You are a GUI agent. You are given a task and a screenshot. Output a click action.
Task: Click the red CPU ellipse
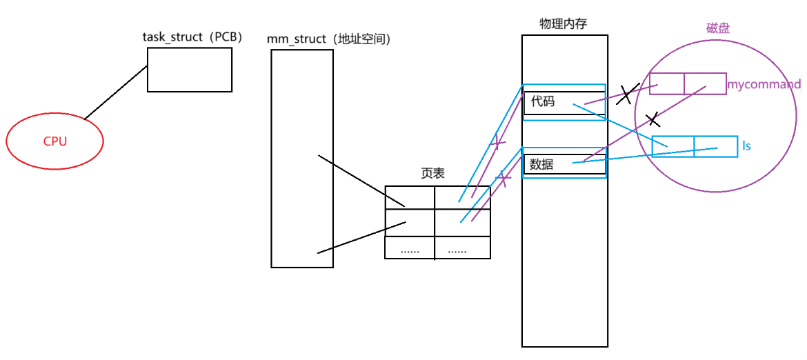click(x=54, y=141)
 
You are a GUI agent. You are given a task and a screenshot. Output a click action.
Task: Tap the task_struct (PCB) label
click(x=192, y=37)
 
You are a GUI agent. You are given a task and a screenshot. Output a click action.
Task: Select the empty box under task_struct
click(x=189, y=70)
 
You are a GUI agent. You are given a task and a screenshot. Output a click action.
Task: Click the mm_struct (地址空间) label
click(x=329, y=39)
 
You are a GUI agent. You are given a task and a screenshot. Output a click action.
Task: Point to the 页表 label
click(x=432, y=174)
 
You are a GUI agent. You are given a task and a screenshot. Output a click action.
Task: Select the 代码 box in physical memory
click(x=564, y=103)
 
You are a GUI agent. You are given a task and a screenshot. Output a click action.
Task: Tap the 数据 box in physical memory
click(x=564, y=165)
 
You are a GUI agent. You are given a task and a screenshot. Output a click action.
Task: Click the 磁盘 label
click(x=718, y=28)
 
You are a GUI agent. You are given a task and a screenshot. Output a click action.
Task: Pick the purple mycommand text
click(x=764, y=85)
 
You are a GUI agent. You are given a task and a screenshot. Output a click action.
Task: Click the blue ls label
click(x=746, y=146)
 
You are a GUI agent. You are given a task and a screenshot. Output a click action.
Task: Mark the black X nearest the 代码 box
click(x=626, y=94)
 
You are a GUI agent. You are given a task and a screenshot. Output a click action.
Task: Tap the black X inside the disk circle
click(x=652, y=120)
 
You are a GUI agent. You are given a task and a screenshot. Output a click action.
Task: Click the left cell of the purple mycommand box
click(x=666, y=83)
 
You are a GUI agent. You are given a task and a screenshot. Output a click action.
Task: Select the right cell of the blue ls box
click(x=715, y=146)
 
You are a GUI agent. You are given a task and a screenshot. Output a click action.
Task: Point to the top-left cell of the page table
click(x=410, y=197)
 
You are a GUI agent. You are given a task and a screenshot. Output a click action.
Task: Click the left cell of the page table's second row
click(x=410, y=222)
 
